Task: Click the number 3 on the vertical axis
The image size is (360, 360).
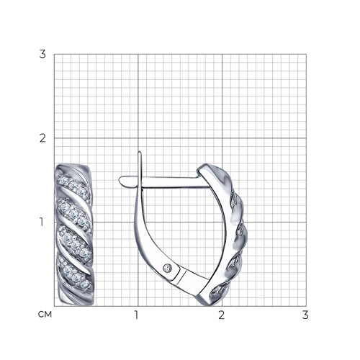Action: pyautogui.click(x=42, y=54)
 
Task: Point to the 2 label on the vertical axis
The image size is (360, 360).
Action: pyautogui.click(x=42, y=138)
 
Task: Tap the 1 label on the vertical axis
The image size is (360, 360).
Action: pyautogui.click(x=42, y=222)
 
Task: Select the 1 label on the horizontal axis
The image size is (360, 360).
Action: pyautogui.click(x=137, y=315)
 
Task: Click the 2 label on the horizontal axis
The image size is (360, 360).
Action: pyautogui.click(x=222, y=315)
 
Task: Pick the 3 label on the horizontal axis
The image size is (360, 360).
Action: pyautogui.click(x=305, y=315)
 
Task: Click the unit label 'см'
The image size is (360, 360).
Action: pyautogui.click(x=45, y=315)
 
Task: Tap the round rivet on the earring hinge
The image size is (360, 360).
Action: pyautogui.click(x=167, y=268)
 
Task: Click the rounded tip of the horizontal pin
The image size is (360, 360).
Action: pyautogui.click(x=121, y=180)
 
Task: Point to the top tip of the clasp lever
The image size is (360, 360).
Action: pyautogui.click(x=140, y=152)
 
